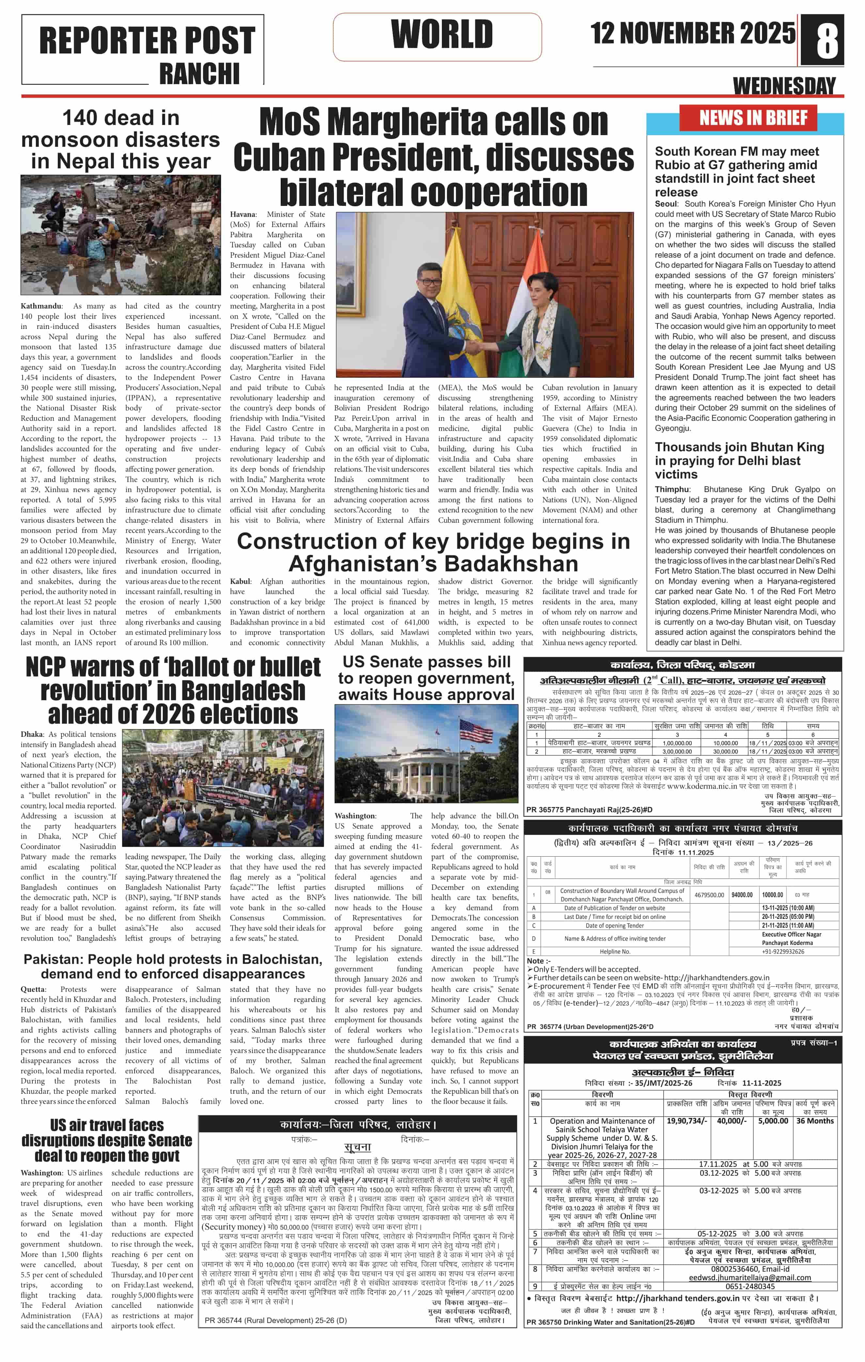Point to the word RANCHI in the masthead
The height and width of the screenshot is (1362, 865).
click(x=199, y=73)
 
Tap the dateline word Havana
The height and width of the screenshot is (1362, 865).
click(x=243, y=214)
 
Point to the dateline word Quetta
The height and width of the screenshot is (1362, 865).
click(x=33, y=989)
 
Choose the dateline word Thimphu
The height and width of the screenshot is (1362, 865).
click(x=672, y=489)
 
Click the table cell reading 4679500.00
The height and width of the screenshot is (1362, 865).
click(x=709, y=895)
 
